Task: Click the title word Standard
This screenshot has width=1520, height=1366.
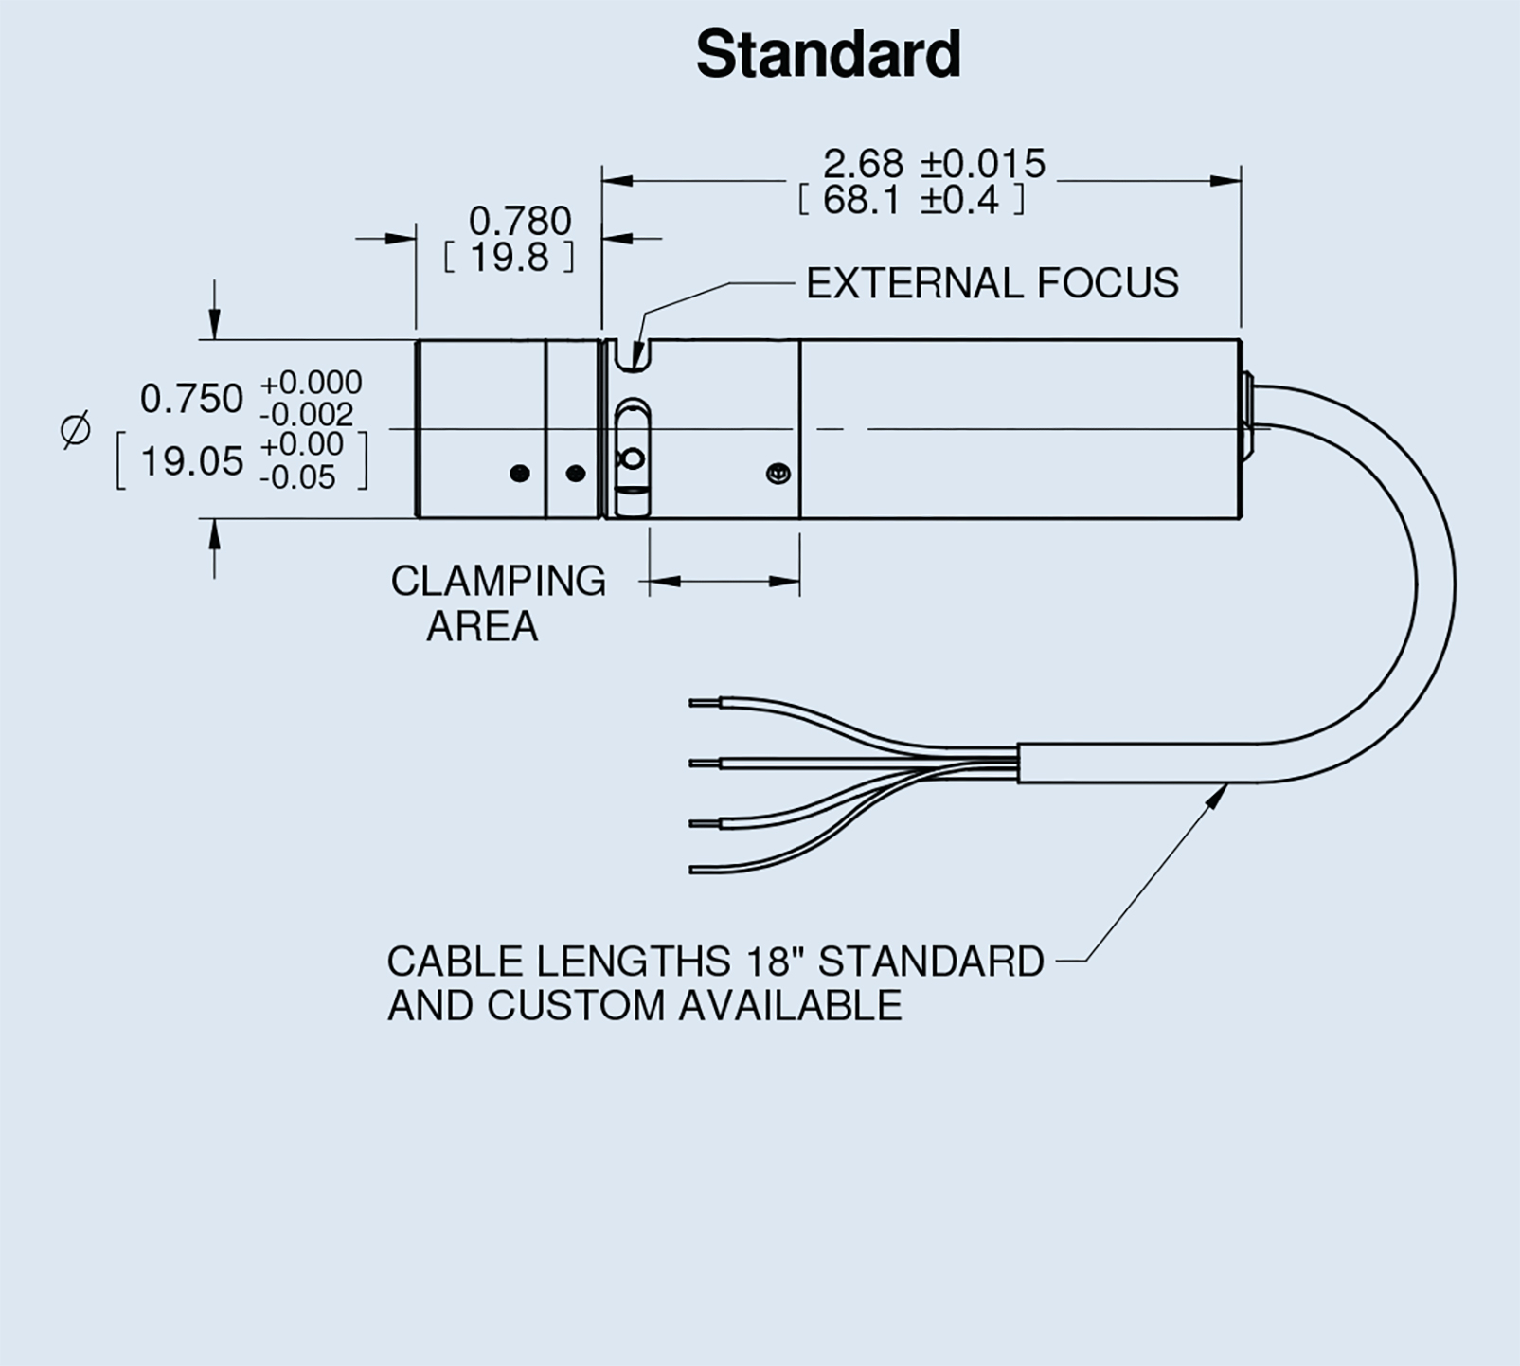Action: point(829,55)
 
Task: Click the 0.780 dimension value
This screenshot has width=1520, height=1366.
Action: point(520,222)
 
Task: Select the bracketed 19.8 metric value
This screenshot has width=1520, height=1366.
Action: point(510,258)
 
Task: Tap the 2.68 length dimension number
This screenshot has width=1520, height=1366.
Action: point(863,164)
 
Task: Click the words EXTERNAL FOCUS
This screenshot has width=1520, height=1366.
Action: point(992,283)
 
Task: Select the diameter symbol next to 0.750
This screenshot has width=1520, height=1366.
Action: point(76,429)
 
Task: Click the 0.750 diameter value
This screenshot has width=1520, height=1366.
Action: point(191,399)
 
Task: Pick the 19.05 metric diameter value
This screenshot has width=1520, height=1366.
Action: point(191,462)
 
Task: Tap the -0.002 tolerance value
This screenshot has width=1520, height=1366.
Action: point(306,415)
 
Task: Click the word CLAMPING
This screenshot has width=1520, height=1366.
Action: point(498,582)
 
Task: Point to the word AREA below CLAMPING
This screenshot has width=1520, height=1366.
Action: point(482,627)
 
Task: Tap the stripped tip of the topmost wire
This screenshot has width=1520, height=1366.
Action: point(705,703)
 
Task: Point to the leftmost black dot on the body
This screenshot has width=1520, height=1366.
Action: point(519,473)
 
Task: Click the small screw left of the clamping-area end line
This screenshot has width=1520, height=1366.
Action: point(778,473)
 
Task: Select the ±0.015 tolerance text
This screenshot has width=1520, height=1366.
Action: point(983,164)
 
